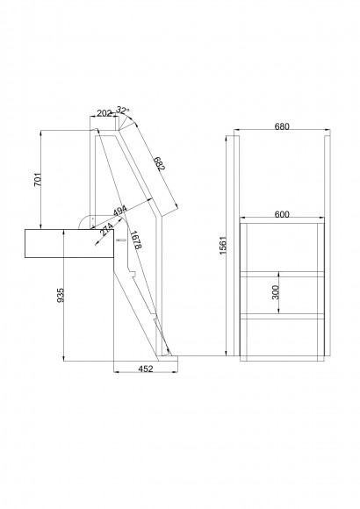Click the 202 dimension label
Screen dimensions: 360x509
pos(104,113)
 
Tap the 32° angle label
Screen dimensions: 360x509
pos(123,110)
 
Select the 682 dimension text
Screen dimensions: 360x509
pos(160,163)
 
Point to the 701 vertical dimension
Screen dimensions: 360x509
pos(38,180)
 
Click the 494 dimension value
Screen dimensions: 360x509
pos(120,211)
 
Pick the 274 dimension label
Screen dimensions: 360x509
pos(106,229)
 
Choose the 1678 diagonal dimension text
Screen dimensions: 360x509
pos(135,240)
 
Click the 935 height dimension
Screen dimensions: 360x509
pos(61,295)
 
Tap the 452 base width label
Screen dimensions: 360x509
pos(146,369)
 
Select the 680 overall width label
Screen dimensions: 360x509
pos(282,126)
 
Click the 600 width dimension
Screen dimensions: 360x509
pos(282,214)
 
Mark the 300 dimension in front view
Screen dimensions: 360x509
pos(275,292)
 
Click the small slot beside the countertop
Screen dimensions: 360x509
pos(121,240)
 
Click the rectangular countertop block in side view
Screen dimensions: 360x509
pos(69,243)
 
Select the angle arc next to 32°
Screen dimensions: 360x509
pos(130,120)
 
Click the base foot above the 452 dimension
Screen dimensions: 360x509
pos(168,358)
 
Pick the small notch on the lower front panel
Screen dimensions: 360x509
pos(133,273)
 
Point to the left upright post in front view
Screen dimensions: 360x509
pos(237,246)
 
